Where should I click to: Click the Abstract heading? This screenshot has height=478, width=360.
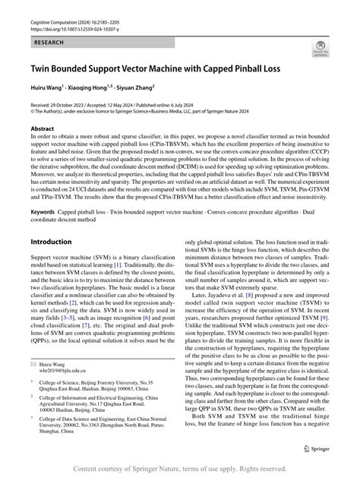(43, 129)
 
